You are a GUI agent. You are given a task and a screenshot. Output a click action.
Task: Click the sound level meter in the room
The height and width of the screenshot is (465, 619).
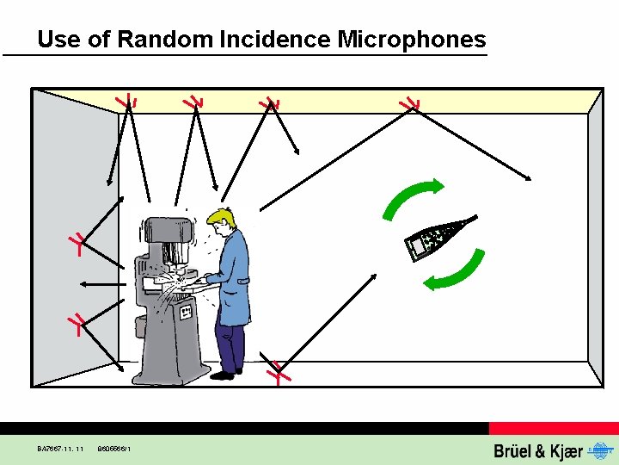438,238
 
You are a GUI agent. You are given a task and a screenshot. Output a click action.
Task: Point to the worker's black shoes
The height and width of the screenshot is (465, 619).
225,374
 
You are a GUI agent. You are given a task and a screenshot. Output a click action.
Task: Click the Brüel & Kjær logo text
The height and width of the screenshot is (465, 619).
538,450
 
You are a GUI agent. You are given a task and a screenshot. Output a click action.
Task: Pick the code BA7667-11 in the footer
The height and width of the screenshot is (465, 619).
60,449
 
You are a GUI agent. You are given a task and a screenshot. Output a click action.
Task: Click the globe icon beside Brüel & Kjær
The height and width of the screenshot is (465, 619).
598,450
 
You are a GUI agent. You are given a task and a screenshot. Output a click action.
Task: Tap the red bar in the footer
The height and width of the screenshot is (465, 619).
554,428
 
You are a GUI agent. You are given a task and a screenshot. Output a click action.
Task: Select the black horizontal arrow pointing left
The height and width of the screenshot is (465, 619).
101,283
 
